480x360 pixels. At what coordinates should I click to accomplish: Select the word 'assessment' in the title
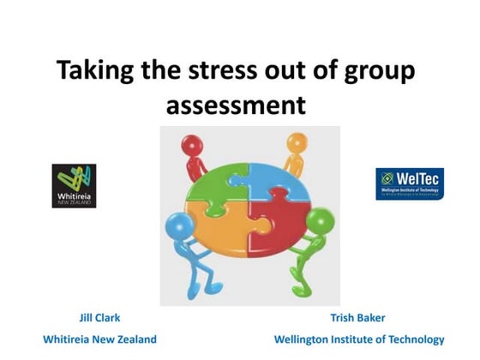pyautogui.click(x=235, y=105)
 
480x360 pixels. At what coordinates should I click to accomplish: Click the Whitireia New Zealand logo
pyautogui.click(x=74, y=186)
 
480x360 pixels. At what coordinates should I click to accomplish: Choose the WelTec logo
pyautogui.click(x=409, y=183)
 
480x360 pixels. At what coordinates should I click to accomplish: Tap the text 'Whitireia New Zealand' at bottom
pyautogui.click(x=99, y=339)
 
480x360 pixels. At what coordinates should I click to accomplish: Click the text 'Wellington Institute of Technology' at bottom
pyautogui.click(x=359, y=339)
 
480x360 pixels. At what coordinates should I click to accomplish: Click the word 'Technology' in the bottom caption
pyautogui.click(x=416, y=339)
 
